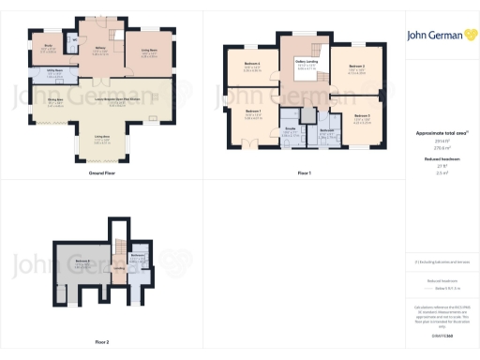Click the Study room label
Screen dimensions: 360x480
48,44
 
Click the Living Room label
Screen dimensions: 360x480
148,52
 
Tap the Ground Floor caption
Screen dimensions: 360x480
102,174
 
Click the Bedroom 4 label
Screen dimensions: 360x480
251,64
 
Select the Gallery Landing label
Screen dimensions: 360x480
306,64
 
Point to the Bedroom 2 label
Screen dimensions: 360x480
356,67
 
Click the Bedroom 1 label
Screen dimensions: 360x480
253,112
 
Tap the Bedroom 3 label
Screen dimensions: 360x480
362,115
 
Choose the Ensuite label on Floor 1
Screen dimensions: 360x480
292,128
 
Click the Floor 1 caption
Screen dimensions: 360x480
303,174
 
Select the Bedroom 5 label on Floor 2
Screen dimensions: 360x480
83,261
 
